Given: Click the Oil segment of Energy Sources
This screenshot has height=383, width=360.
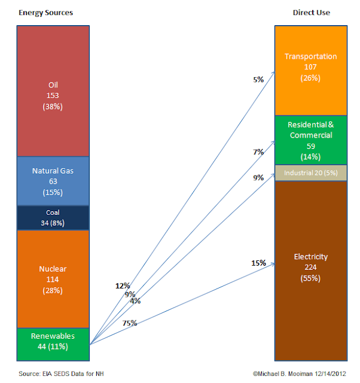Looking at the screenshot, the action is [53, 91].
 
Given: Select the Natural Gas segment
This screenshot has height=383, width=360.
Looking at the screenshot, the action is [53, 181].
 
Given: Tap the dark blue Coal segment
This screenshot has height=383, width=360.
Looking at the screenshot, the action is [53, 218].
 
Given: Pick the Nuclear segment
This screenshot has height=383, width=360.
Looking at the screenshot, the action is [53, 279].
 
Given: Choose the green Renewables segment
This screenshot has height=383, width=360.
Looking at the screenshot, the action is [53, 345].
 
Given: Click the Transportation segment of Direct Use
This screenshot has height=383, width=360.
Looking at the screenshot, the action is [311, 71].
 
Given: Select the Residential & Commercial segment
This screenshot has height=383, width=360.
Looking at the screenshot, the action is [311, 140].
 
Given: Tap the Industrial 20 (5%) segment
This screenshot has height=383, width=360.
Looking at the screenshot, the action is [311, 173].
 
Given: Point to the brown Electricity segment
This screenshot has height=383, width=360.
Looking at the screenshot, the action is [311, 271].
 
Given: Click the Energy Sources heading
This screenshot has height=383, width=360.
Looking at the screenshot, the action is [46, 13].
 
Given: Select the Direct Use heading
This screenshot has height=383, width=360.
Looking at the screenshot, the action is [312, 13].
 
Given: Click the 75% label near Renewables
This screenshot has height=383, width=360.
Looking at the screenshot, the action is [130, 323].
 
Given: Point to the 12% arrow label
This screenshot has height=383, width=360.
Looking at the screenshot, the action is [123, 285].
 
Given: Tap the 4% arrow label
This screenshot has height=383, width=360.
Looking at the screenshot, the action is [135, 301].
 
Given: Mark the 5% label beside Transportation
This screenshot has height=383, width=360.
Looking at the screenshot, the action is [258, 80].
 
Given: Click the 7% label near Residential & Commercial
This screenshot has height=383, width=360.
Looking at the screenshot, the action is [258, 152].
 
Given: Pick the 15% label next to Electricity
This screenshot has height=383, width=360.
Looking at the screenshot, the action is [259, 263].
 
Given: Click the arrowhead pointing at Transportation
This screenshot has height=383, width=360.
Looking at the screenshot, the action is [274, 72].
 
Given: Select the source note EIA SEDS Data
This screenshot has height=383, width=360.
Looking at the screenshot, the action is [61, 373].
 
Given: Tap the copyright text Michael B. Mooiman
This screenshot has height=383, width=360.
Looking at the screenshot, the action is [299, 373].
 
